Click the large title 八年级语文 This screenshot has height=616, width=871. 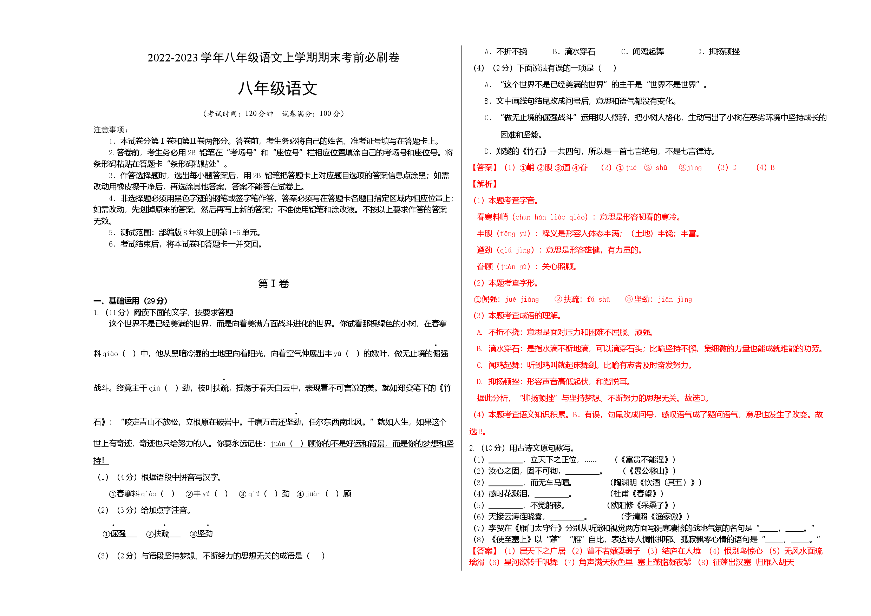coord(277,89)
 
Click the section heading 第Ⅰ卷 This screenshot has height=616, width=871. coord(274,284)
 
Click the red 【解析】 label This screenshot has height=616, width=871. coord(484,184)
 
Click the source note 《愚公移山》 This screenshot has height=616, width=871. coord(649,471)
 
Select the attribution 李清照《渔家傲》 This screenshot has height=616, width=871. coord(655,517)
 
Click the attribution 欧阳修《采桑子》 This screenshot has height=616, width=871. coord(641,505)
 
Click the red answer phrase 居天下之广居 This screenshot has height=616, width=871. coord(543,551)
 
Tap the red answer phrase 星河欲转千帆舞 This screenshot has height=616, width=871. coord(531,562)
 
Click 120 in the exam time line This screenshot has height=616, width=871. coord(251,113)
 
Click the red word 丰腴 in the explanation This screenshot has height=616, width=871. coord(484,234)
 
